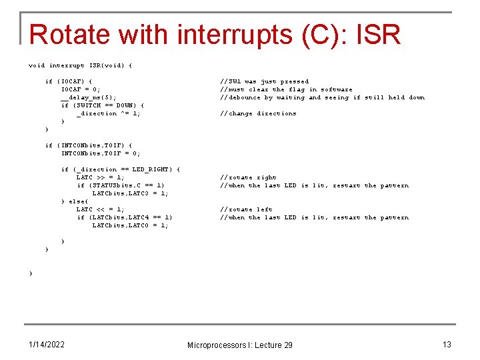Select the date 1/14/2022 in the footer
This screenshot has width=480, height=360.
46,344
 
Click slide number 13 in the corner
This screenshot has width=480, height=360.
447,344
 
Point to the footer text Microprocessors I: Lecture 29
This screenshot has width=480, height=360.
239,345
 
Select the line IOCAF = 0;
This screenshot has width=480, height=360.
81,89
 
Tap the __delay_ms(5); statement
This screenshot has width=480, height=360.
89,97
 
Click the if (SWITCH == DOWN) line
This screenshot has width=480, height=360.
102,105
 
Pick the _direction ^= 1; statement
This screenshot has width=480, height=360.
108,113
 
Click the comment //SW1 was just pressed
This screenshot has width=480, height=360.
264,81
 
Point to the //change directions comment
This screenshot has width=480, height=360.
258,113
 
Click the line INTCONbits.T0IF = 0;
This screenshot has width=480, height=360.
101,153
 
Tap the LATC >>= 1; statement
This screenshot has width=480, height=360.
100,177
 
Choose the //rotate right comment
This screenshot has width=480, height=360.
248,177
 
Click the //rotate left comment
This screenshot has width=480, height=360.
246,209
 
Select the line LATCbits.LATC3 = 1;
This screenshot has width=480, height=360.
130,193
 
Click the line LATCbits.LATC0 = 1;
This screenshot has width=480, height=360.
130,225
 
